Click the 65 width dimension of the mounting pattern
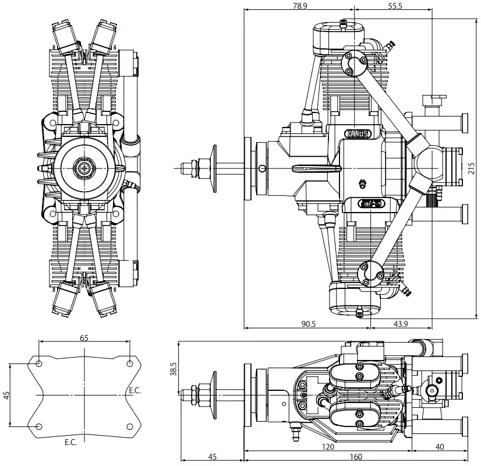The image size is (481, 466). pos(84,338)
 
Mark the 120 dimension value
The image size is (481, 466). pos(328,447)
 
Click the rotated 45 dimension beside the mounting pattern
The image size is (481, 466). pos(6,394)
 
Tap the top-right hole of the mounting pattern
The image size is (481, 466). pos(129,363)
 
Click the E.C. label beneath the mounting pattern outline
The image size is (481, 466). pos(70,443)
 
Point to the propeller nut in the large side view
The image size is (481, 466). pos(204,168)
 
